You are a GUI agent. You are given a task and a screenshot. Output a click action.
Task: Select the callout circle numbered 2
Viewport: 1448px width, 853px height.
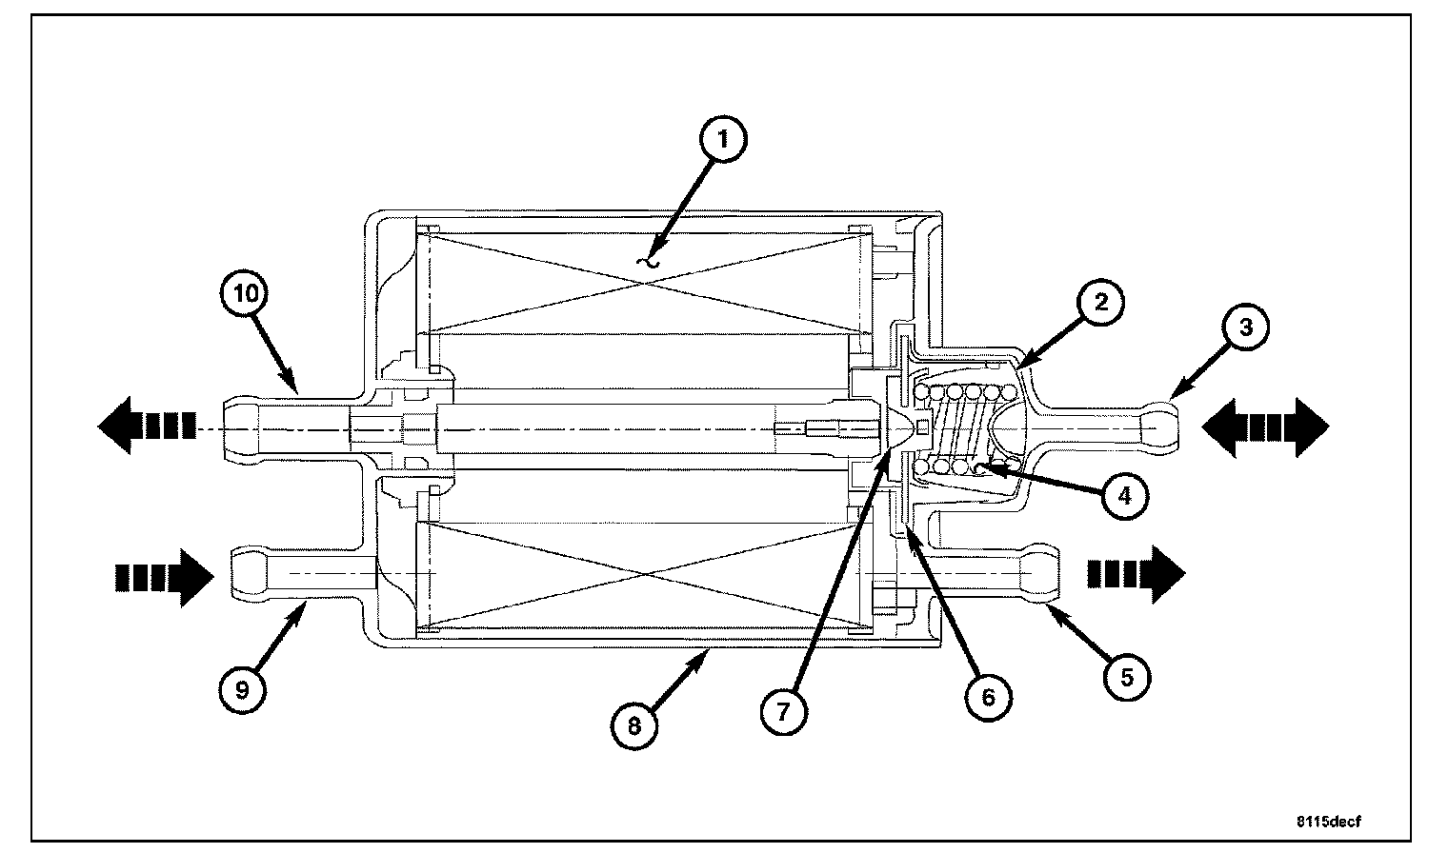click(1100, 303)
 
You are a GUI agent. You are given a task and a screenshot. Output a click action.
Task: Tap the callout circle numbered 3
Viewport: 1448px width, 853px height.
click(1247, 329)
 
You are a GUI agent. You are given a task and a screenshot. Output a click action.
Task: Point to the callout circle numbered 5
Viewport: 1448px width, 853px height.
click(1126, 676)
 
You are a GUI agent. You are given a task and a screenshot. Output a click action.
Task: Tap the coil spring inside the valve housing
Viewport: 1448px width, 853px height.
click(962, 428)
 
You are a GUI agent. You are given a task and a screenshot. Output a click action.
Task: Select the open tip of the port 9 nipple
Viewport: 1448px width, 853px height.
click(234, 575)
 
